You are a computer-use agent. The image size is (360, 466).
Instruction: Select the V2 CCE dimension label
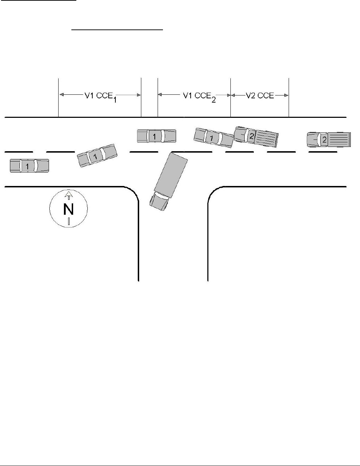click(260, 95)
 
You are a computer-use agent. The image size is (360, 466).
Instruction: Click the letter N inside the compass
click(68, 209)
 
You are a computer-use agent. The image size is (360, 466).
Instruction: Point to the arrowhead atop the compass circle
click(69, 194)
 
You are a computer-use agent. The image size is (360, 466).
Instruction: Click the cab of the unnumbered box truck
click(159, 202)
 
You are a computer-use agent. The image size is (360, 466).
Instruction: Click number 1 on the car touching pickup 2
click(212, 138)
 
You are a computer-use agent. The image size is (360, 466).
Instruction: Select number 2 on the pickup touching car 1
click(251, 136)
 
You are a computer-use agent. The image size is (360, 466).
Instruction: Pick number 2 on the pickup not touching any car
click(324, 139)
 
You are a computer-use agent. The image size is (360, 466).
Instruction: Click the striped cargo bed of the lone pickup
click(339, 139)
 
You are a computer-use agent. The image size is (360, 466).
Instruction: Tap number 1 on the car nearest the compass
click(27, 166)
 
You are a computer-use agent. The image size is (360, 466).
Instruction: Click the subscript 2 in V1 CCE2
click(213, 100)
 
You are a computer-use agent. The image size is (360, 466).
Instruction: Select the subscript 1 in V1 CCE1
click(115, 100)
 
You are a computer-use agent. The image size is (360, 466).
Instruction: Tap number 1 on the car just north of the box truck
click(154, 136)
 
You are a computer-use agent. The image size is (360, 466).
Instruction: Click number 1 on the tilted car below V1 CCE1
click(95, 155)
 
